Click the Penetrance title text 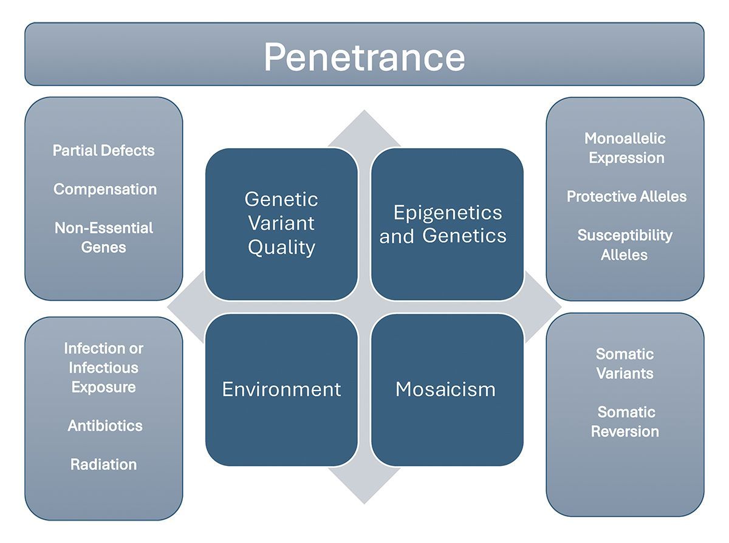coord(364,57)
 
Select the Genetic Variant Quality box coord(281,224)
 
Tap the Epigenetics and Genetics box coord(447,224)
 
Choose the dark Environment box coord(281,389)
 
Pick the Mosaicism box coord(447,389)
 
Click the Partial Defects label coord(104,151)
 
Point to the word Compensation coord(105,190)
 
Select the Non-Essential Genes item coord(104,237)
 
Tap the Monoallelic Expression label coord(626,148)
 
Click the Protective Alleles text coord(626,197)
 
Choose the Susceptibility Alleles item coord(625,245)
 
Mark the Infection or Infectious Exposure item coord(104,367)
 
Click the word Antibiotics coord(105,426)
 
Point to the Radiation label coord(104,465)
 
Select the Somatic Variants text coord(625,363)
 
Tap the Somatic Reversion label coord(626,422)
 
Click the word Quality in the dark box coord(281,248)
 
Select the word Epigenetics coord(448,213)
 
